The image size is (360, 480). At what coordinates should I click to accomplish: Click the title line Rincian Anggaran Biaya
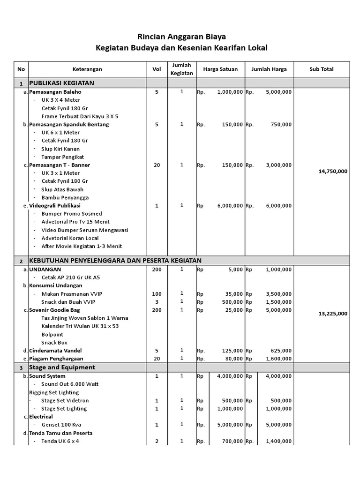click(x=180, y=36)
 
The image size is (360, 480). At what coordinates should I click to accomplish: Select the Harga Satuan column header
click(x=220, y=69)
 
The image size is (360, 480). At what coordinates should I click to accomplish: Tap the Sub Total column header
click(x=321, y=69)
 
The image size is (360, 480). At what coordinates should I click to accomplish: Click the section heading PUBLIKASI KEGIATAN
click(x=62, y=83)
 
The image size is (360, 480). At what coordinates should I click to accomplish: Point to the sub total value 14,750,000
click(x=333, y=172)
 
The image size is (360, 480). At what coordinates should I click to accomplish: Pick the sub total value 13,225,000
click(x=333, y=314)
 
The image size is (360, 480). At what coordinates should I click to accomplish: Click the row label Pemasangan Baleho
click(x=55, y=92)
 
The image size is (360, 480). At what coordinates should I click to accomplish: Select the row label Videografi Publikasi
click(x=55, y=206)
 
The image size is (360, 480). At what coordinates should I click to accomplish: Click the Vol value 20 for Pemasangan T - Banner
click(x=157, y=165)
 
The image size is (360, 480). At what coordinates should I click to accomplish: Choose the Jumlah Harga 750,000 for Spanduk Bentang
click(x=281, y=125)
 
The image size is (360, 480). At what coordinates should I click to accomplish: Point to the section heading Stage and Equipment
click(x=62, y=367)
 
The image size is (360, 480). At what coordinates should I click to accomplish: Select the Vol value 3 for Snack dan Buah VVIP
click(x=157, y=302)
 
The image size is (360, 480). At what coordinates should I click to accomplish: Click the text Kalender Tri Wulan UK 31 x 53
click(x=80, y=326)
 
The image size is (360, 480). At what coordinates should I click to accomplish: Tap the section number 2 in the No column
click(x=21, y=261)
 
